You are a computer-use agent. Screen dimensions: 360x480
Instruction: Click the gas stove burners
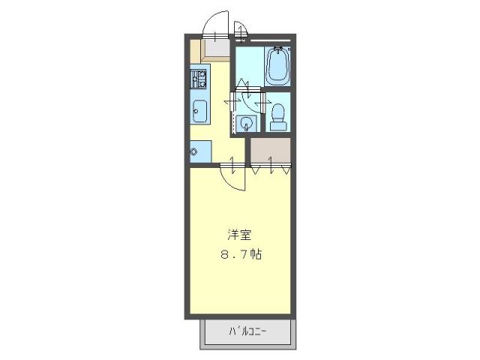point(199,78)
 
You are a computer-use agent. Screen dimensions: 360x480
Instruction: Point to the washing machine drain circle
point(194,152)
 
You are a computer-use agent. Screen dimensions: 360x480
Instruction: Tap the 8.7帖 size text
point(240,253)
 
